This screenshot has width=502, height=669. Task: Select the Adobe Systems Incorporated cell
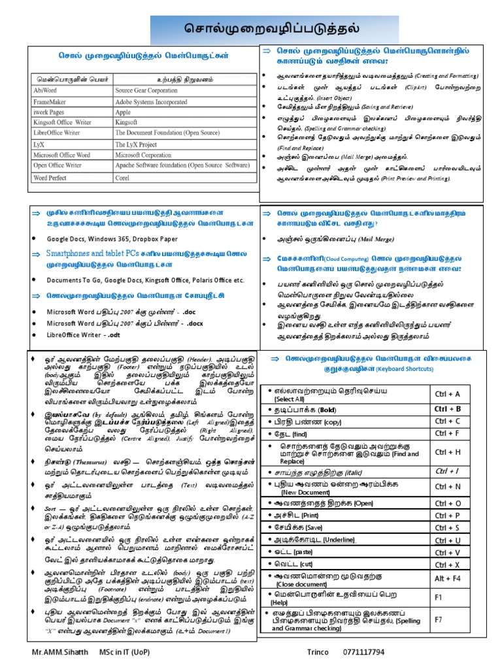(150, 102)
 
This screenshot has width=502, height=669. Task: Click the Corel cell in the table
(122, 177)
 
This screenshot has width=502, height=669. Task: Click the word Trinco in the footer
(318, 653)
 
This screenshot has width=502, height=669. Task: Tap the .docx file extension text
(194, 323)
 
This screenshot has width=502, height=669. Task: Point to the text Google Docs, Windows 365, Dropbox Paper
(112, 238)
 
